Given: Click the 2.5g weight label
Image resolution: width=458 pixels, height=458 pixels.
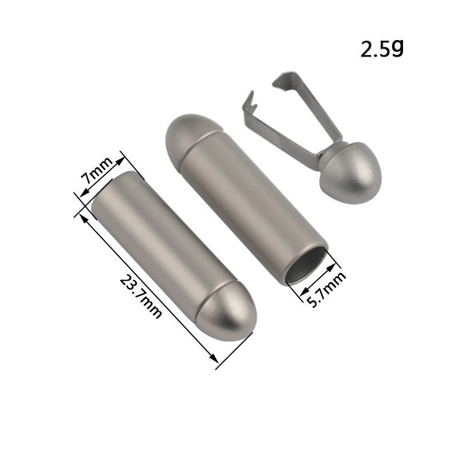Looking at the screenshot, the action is pyautogui.click(x=382, y=49).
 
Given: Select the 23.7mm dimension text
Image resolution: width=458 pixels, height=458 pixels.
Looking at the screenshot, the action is pyautogui.click(x=140, y=296).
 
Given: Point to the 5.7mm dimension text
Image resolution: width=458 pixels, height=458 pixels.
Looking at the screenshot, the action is pyautogui.click(x=327, y=289).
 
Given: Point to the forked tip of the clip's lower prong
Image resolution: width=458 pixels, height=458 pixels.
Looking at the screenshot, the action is pyautogui.click(x=248, y=101).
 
